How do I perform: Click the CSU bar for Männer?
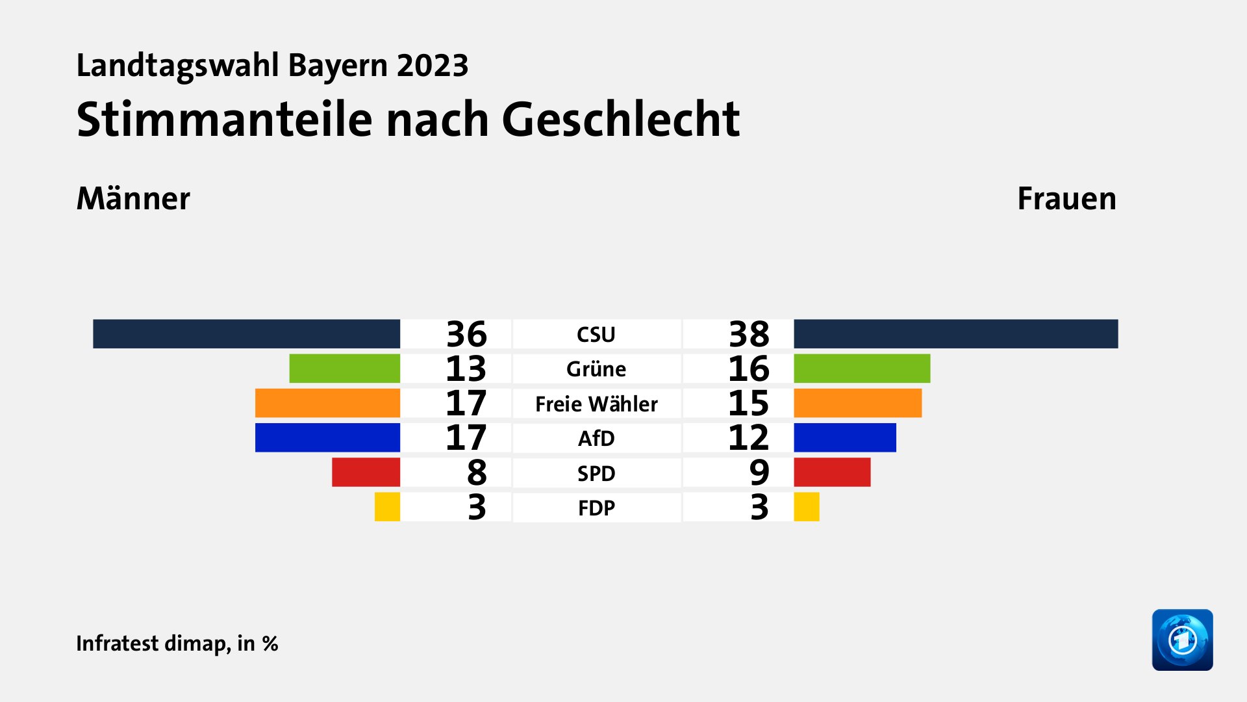tap(246, 333)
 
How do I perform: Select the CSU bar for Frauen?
tap(955, 333)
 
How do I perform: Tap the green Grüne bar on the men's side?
tap(344, 369)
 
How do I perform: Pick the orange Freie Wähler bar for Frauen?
tap(857, 403)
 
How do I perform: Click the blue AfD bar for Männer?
tap(327, 437)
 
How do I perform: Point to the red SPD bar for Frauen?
tap(832, 473)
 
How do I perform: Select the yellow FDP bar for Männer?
tap(387, 507)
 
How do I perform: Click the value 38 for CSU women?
tap(749, 334)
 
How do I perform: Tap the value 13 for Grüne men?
tap(466, 369)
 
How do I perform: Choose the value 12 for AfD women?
tap(748, 437)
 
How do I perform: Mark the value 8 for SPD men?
tap(477, 473)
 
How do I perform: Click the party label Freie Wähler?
tap(596, 404)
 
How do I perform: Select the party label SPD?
tap(596, 473)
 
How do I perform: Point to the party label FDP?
tap(596, 508)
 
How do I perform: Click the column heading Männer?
tap(133, 198)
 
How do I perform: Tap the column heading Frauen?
tap(1066, 198)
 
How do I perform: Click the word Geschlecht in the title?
tap(621, 120)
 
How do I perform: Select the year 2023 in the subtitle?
tap(433, 66)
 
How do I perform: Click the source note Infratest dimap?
tap(152, 643)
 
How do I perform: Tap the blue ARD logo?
tap(1182, 640)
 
